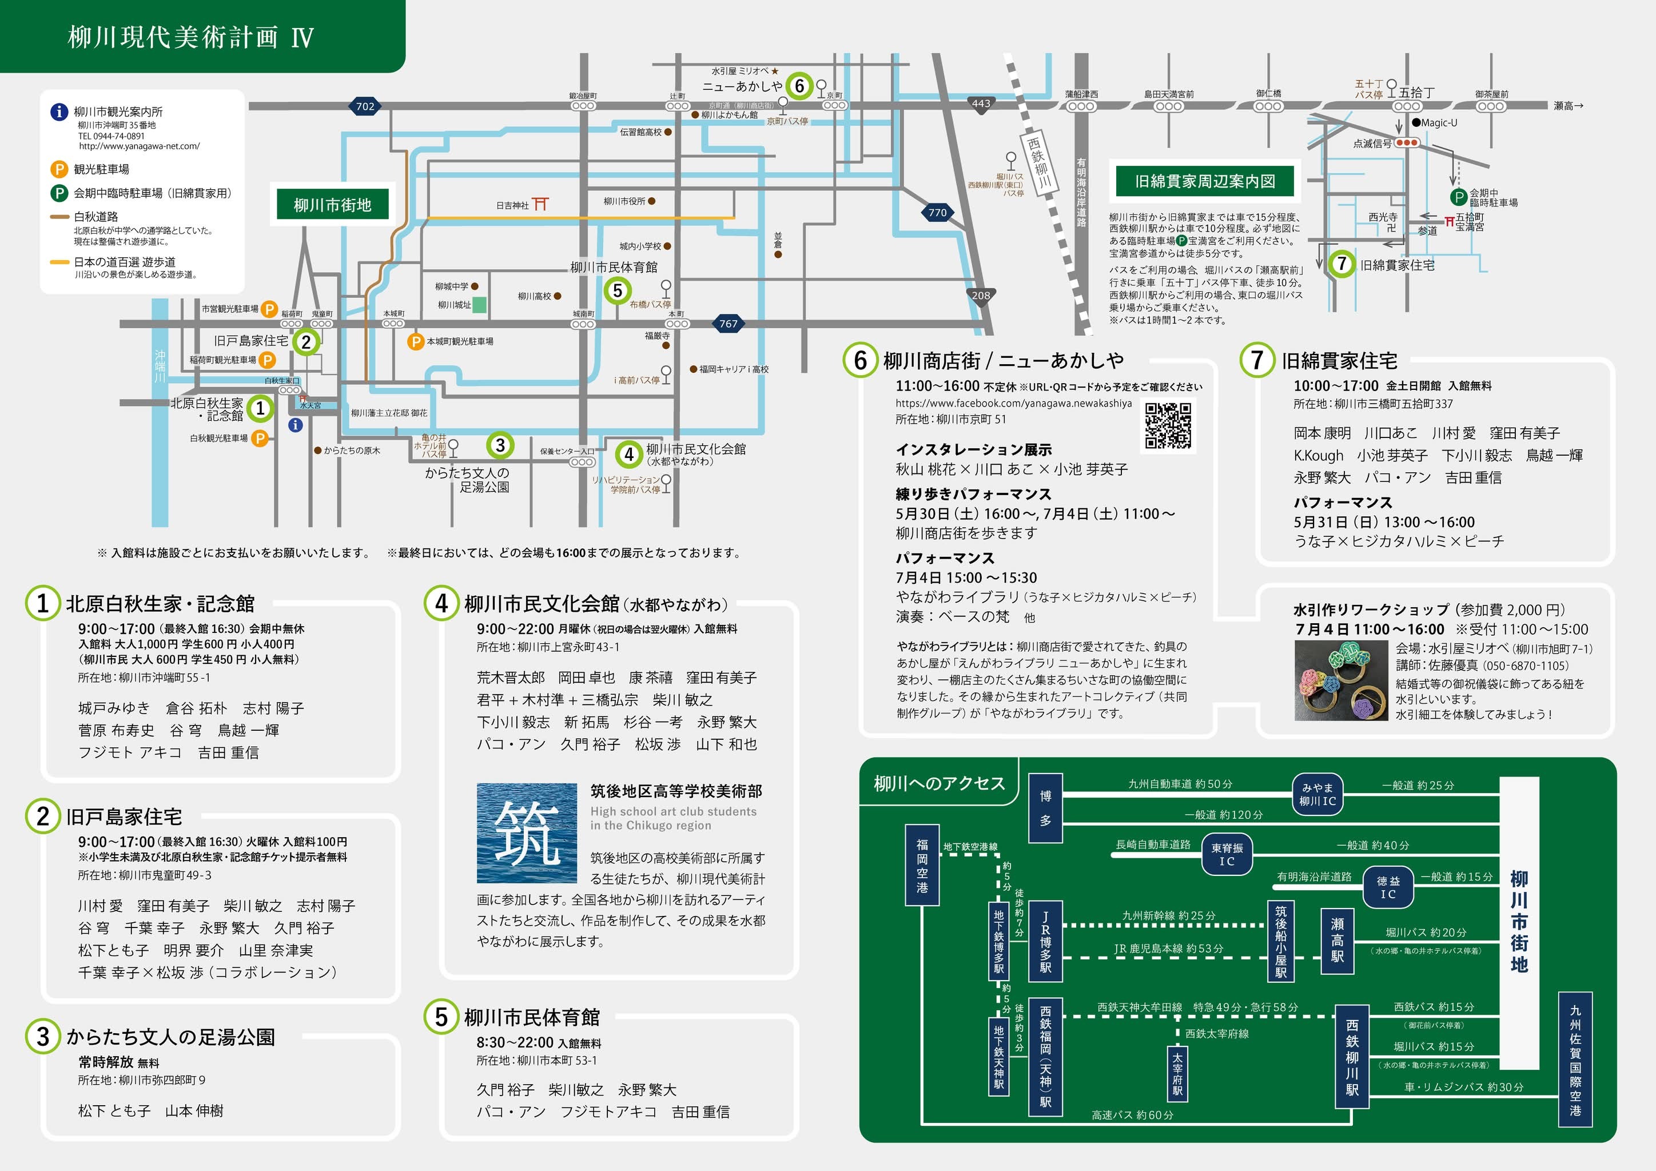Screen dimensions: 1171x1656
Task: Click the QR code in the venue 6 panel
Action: [1168, 425]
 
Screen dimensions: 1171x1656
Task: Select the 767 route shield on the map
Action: [729, 324]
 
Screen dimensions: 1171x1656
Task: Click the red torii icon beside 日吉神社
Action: [540, 205]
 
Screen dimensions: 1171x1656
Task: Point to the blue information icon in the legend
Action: [59, 111]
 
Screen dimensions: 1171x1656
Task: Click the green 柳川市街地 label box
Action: [332, 205]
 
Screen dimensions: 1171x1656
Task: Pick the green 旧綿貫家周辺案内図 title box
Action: [1204, 181]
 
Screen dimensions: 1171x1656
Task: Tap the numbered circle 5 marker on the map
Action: [618, 290]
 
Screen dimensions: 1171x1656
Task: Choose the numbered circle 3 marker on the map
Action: [500, 445]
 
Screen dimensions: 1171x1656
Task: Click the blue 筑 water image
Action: [527, 833]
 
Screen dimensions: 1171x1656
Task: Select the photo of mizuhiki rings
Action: [1341, 680]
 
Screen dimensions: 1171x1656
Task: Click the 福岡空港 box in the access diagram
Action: [922, 865]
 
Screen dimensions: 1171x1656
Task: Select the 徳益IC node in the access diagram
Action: [1388, 887]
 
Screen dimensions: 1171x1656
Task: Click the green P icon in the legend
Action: [59, 193]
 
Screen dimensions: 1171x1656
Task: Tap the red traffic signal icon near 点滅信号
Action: [1407, 143]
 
